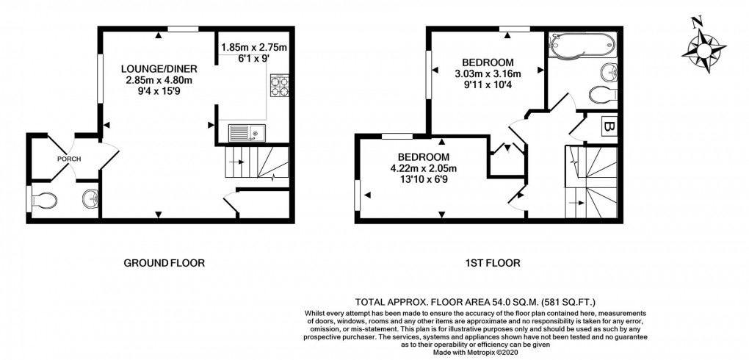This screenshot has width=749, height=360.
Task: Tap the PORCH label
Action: point(70,159)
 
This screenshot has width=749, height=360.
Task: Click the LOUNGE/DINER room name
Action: point(159,68)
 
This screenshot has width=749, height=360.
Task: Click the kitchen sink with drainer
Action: point(245,133)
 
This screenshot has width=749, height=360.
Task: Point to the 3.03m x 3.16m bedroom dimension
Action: point(488,73)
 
